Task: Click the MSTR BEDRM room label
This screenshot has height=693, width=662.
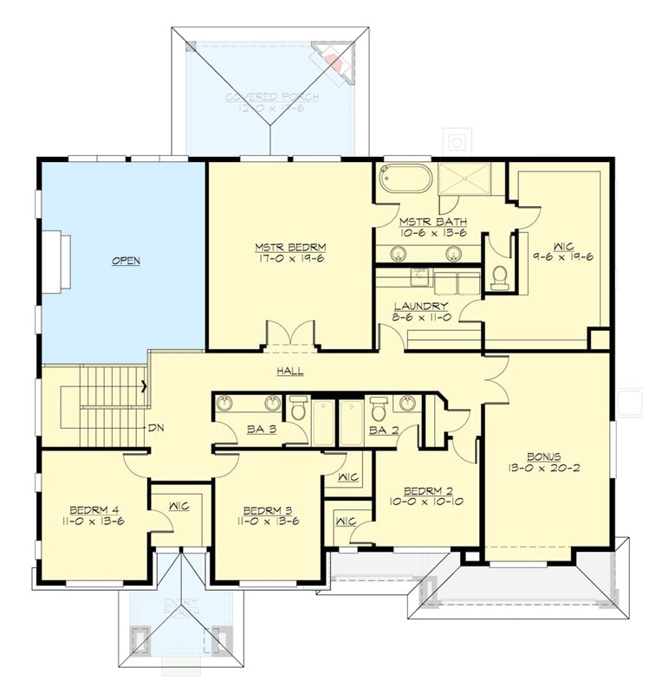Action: tap(290, 246)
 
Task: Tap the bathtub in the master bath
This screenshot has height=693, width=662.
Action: tap(405, 179)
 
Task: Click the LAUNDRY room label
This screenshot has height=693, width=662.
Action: tap(420, 306)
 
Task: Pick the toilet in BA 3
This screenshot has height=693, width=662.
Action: tap(297, 408)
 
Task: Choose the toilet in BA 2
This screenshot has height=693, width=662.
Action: tap(379, 408)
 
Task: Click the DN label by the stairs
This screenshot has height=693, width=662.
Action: tap(156, 427)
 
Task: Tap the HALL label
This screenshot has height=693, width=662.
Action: tap(289, 371)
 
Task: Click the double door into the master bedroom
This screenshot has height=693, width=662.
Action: tap(289, 336)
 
